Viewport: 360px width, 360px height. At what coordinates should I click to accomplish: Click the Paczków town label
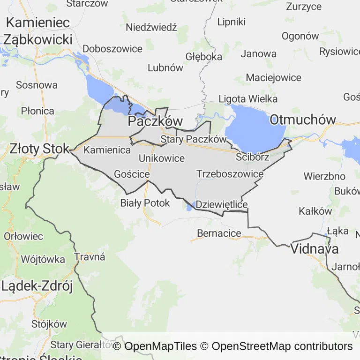tap(155, 121)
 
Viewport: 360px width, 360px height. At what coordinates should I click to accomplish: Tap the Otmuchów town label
tap(303, 120)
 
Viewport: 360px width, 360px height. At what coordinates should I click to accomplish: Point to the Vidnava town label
tap(315, 249)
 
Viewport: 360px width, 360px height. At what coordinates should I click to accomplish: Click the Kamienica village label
tap(107, 150)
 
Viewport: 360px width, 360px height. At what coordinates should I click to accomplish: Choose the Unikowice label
tap(162, 158)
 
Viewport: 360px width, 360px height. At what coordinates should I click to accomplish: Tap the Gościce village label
tap(132, 174)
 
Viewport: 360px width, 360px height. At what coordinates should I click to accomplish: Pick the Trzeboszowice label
tap(230, 174)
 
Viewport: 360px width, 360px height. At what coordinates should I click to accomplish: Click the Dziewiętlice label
tap(221, 204)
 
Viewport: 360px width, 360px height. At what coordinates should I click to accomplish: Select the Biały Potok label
tap(145, 203)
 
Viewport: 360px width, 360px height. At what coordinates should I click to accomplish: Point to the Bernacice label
tap(219, 233)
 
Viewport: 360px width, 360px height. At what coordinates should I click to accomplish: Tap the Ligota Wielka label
tap(248, 99)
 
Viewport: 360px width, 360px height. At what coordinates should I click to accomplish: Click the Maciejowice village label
tap(274, 77)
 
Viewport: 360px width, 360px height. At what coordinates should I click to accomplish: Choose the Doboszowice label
tap(112, 49)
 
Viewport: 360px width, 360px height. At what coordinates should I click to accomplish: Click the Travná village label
tap(90, 257)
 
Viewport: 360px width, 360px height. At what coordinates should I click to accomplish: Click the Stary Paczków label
tap(194, 139)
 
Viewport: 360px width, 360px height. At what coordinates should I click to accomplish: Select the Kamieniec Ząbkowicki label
tap(38, 31)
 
